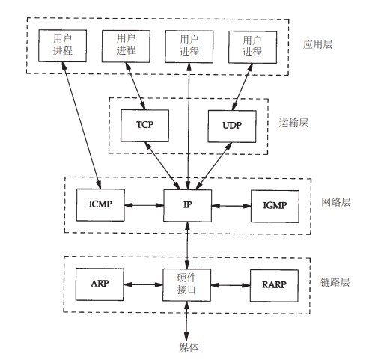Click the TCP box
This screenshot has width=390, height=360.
click(144, 126)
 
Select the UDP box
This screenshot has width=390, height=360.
click(232, 126)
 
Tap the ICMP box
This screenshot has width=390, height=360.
click(100, 205)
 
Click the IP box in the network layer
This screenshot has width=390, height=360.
click(188, 206)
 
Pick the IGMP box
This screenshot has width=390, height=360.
click(275, 207)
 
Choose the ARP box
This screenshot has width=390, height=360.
click(100, 284)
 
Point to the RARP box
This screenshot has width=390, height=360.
click(274, 286)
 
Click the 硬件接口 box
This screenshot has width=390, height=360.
click(186, 285)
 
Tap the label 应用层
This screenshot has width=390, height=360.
click(317, 44)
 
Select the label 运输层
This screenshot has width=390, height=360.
click(293, 123)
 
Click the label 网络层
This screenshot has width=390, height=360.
click(336, 202)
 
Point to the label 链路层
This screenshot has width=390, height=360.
click(335, 282)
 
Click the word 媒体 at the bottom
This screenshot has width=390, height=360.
click(189, 347)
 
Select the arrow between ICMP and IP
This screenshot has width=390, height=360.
click(144, 205)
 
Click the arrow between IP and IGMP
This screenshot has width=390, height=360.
click(231, 206)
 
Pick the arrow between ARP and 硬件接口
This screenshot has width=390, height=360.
click(143, 284)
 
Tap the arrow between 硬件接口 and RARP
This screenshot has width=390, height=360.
click(231, 285)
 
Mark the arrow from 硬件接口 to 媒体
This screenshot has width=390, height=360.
click(186, 320)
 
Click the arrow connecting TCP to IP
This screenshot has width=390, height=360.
click(162, 165)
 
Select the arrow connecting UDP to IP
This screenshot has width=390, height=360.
click(214, 166)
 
